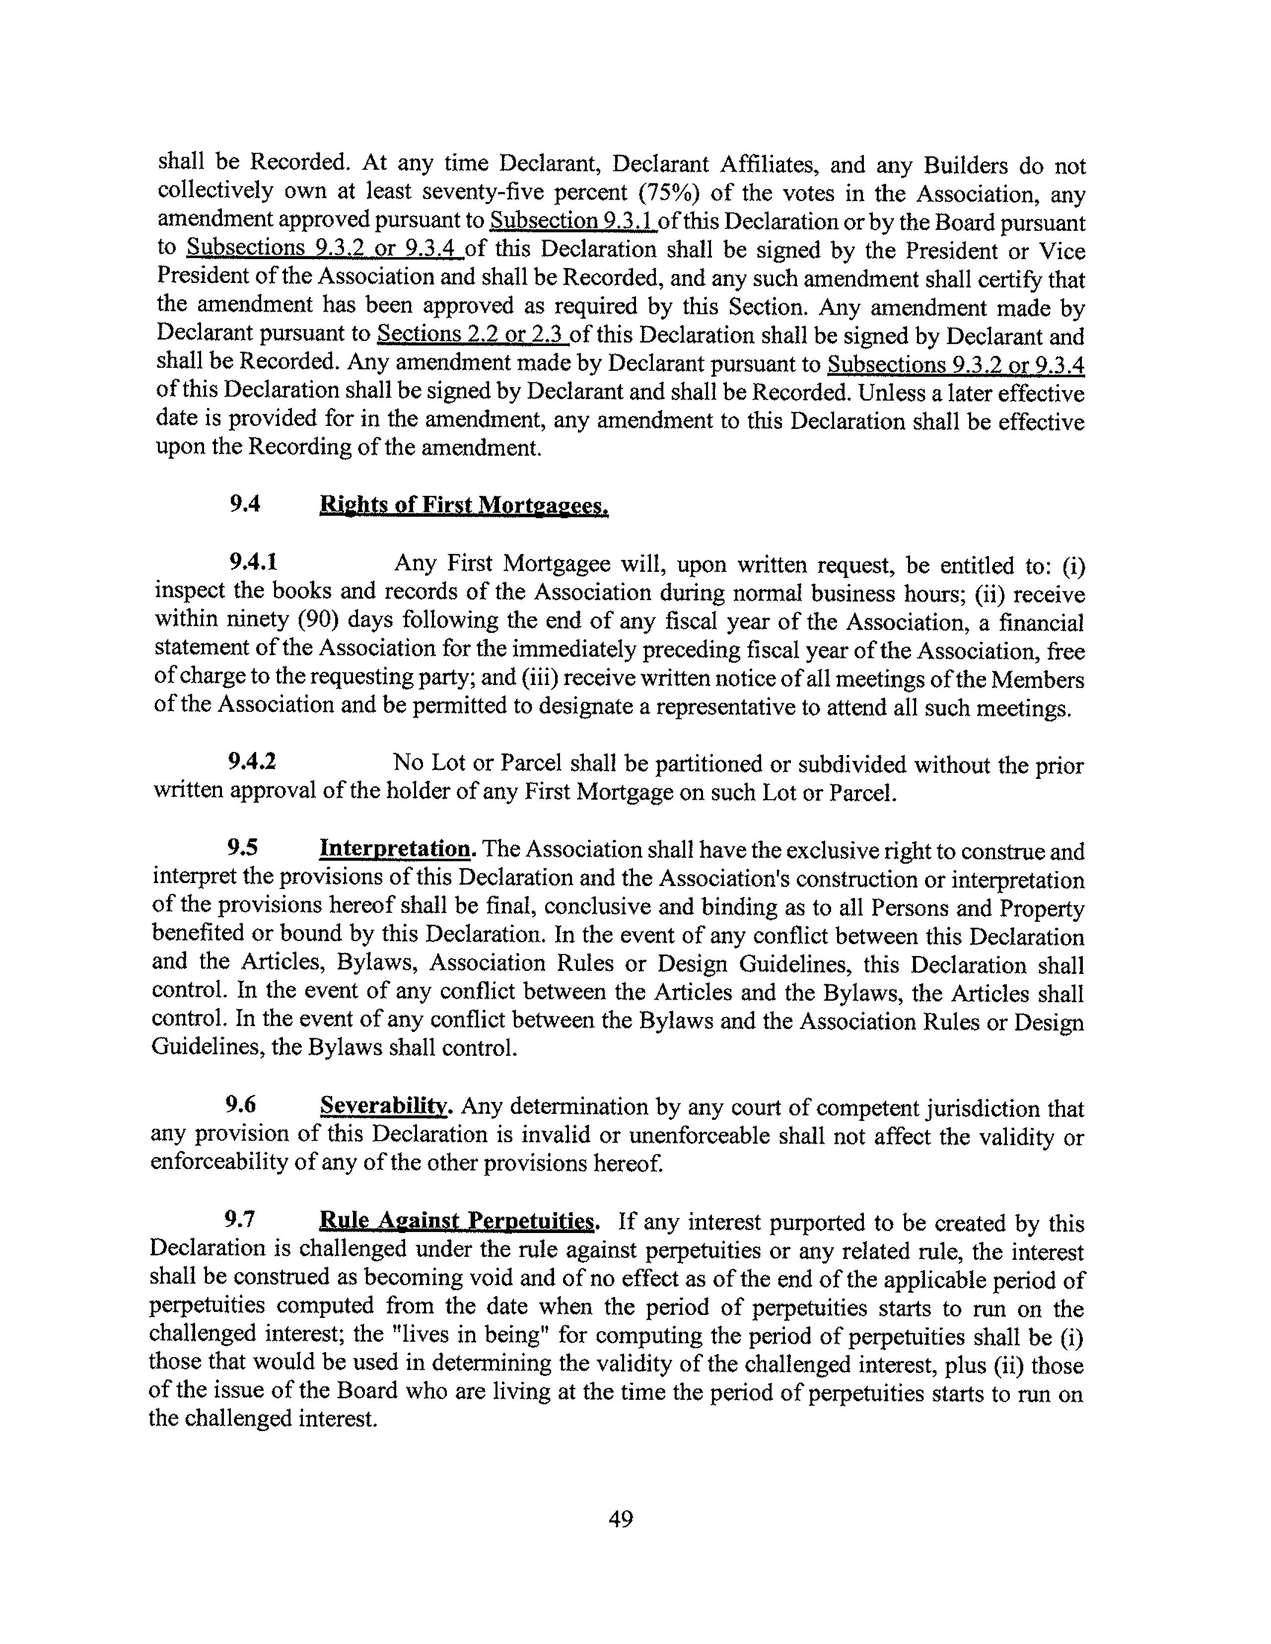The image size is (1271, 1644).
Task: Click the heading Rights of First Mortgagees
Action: click(464, 504)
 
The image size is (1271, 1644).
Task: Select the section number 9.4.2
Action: click(252, 762)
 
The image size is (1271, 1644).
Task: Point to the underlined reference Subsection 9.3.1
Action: click(573, 221)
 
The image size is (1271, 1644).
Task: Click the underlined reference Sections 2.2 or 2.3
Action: click(472, 334)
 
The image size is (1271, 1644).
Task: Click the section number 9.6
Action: click(240, 1104)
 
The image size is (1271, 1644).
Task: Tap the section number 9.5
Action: click(242, 848)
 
